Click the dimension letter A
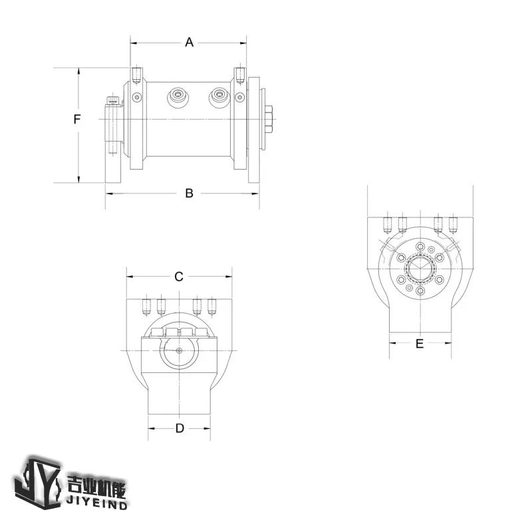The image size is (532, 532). pyautogui.click(x=189, y=43)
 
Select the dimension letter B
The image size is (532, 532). pyautogui.click(x=189, y=194)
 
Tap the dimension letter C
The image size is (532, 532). pyautogui.click(x=179, y=277)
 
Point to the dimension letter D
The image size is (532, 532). pyautogui.click(x=180, y=428)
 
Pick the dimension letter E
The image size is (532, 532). pyautogui.click(x=419, y=343)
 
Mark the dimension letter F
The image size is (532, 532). pyautogui.click(x=77, y=120)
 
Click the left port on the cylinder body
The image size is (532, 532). pyautogui.click(x=178, y=97)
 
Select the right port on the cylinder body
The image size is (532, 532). pyautogui.click(x=219, y=97)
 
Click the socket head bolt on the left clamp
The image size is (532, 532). pyautogui.click(x=113, y=101)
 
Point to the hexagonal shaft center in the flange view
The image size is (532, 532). pyautogui.click(x=420, y=269)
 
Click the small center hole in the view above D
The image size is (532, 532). pyautogui.click(x=179, y=351)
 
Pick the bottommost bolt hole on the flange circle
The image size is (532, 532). pyautogui.click(x=420, y=291)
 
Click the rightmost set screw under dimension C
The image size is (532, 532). pyautogui.click(x=212, y=307)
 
